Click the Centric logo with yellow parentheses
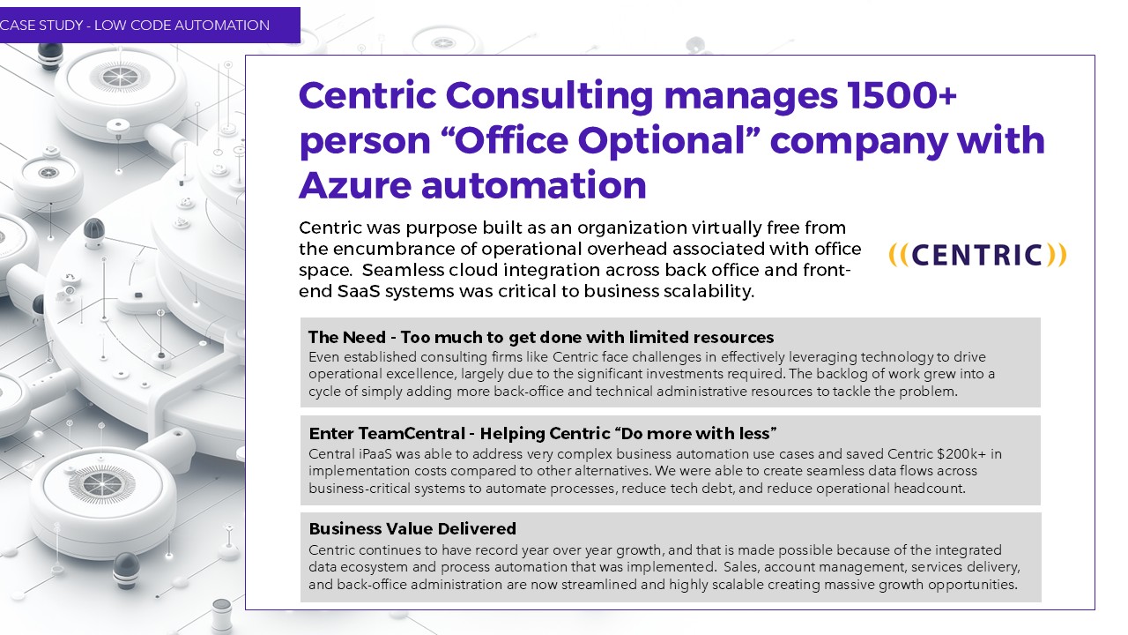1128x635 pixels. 977,255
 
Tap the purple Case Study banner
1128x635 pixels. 150,25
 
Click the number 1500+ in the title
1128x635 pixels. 902,95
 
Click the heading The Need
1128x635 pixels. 347,337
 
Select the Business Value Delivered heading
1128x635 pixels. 412,528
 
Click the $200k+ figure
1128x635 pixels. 961,453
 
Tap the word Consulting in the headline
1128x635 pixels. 549,96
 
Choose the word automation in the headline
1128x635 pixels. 534,185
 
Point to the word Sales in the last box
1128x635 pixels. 739,567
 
